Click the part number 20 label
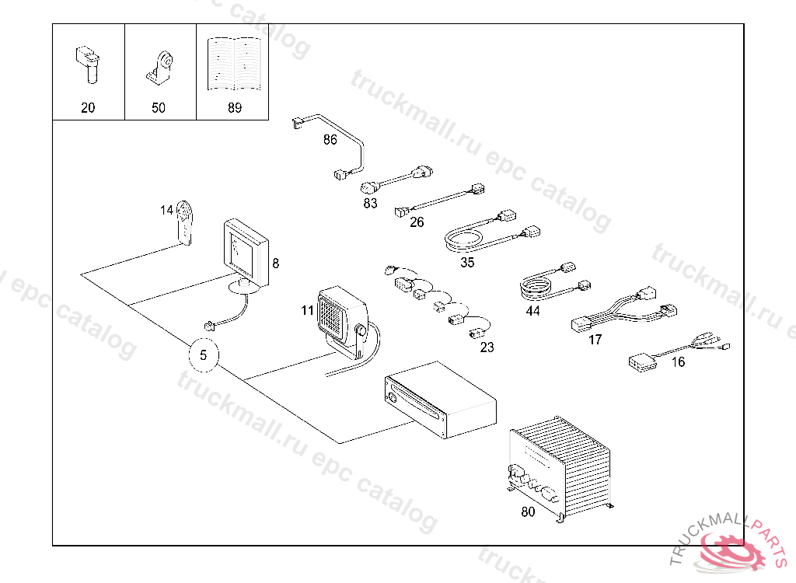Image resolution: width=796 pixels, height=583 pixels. [x=88, y=108]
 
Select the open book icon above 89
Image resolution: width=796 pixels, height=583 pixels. [x=234, y=63]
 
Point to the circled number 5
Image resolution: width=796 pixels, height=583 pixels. [x=204, y=356]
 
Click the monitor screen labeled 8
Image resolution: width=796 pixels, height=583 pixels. [x=246, y=247]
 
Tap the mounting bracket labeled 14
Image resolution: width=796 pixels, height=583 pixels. [x=185, y=222]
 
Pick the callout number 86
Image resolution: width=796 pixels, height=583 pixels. [x=330, y=140]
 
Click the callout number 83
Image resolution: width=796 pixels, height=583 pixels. [x=370, y=204]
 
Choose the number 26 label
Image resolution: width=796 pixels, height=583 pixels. [x=417, y=223]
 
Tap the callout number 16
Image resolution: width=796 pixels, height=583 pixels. [x=678, y=362]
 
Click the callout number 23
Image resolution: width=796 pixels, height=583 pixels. [x=487, y=347]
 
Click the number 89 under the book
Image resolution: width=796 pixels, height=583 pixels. [x=234, y=108]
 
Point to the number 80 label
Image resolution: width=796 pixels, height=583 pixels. [x=528, y=512]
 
